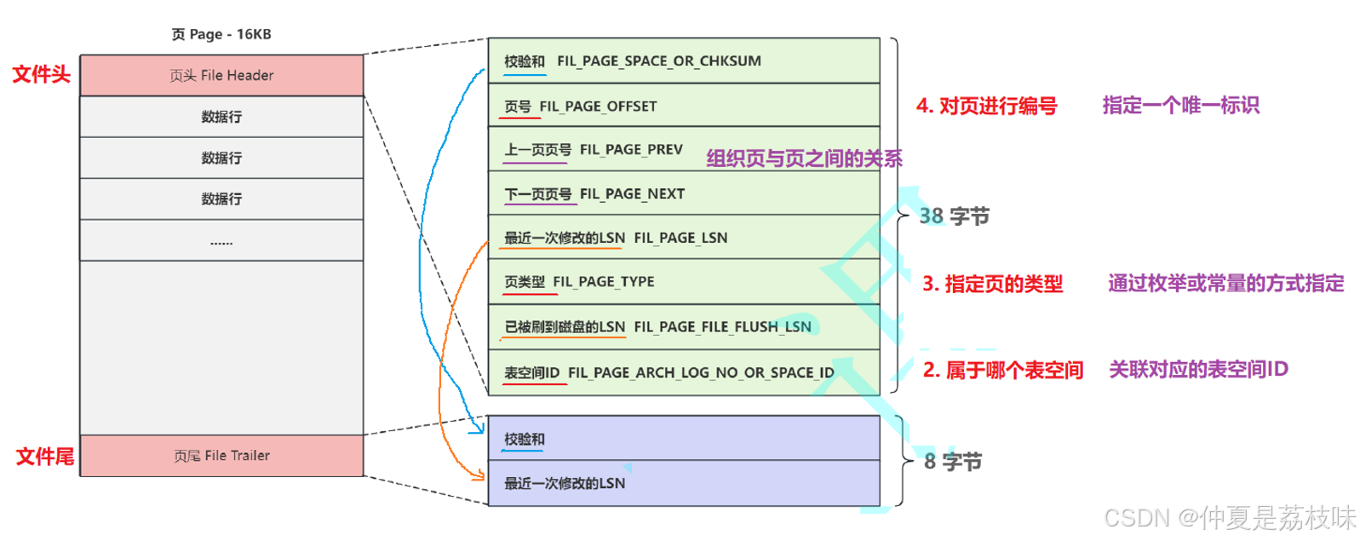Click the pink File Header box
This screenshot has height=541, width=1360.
pos(221,75)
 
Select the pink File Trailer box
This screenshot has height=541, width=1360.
pos(221,456)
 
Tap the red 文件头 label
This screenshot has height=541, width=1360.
pos(41,74)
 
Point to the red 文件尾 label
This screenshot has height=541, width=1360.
pos(44,457)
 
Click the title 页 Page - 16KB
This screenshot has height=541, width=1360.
pos(221,34)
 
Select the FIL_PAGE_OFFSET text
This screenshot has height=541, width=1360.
pos(598,106)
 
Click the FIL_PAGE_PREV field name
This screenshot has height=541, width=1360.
pos(631,150)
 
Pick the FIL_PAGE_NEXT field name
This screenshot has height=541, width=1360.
pos(632,194)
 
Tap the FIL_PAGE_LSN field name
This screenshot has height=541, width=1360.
pos(680,238)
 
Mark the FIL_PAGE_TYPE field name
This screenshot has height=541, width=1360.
pos(603,282)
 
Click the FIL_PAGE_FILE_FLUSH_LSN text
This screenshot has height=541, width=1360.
pos(722,327)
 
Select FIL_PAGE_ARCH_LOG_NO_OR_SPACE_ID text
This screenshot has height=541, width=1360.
pos(701,373)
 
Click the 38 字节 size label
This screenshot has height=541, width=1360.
pos(954,216)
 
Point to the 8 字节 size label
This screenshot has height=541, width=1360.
pos(952,462)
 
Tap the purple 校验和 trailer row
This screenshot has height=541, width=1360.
pos(683,439)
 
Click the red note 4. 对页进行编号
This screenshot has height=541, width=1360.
pos(986,106)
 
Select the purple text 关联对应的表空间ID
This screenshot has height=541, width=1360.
pos(1197,370)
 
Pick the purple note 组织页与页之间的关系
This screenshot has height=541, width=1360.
pos(804,158)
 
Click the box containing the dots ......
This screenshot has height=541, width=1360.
pos(221,241)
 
